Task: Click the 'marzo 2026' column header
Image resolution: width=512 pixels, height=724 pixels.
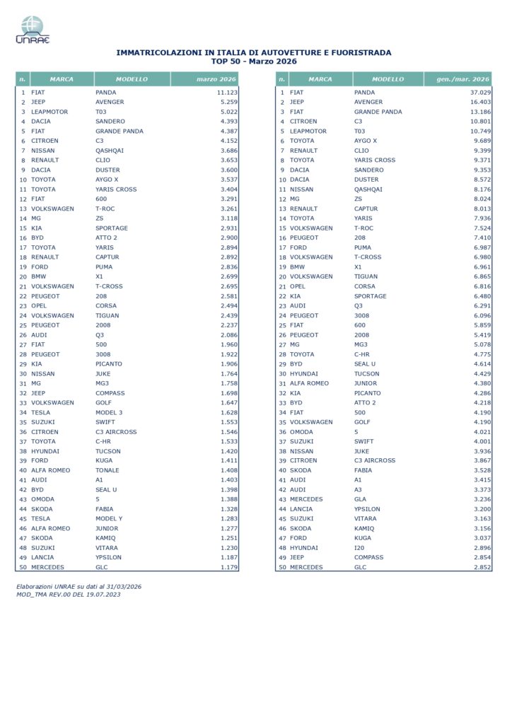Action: point(216,79)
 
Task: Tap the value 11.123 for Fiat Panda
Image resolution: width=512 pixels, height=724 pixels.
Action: point(226,93)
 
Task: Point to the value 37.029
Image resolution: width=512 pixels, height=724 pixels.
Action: point(478,93)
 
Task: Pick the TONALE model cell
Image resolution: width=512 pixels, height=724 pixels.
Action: point(107,470)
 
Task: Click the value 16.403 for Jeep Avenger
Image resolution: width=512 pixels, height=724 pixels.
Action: point(478,102)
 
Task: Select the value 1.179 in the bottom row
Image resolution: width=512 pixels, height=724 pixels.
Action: point(228,567)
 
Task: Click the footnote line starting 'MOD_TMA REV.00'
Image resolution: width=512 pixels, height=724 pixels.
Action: point(68,594)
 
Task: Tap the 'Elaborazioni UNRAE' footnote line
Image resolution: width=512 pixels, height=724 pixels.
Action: point(79,586)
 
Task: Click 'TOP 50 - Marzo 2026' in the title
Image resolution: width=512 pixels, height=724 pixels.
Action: point(253,61)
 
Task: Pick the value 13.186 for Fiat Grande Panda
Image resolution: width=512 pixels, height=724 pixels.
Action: point(478,112)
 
